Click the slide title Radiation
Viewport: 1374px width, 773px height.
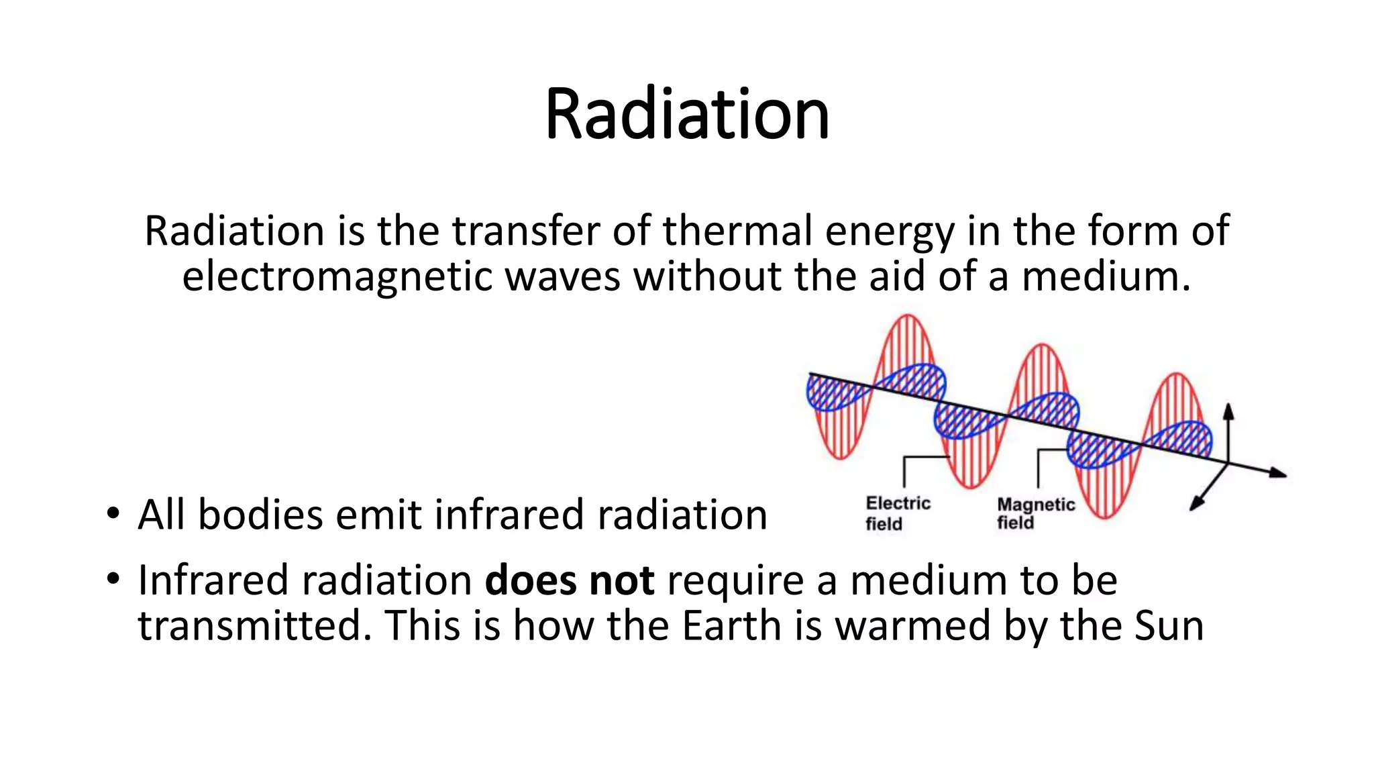(x=687, y=114)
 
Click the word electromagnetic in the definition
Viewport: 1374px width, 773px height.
(x=337, y=276)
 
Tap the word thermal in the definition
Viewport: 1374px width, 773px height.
(x=737, y=231)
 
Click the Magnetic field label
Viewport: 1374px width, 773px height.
(x=1035, y=513)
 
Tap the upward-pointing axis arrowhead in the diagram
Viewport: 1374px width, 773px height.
(x=1228, y=410)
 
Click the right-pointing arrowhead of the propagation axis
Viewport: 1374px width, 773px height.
(x=1277, y=473)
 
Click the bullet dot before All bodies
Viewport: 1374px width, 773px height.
(x=112, y=513)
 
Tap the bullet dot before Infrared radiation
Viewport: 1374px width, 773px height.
(x=112, y=578)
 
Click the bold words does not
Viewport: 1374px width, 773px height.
(x=569, y=580)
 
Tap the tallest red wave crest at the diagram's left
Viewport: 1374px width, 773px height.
(x=908, y=320)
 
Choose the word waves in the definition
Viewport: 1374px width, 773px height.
(x=562, y=276)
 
